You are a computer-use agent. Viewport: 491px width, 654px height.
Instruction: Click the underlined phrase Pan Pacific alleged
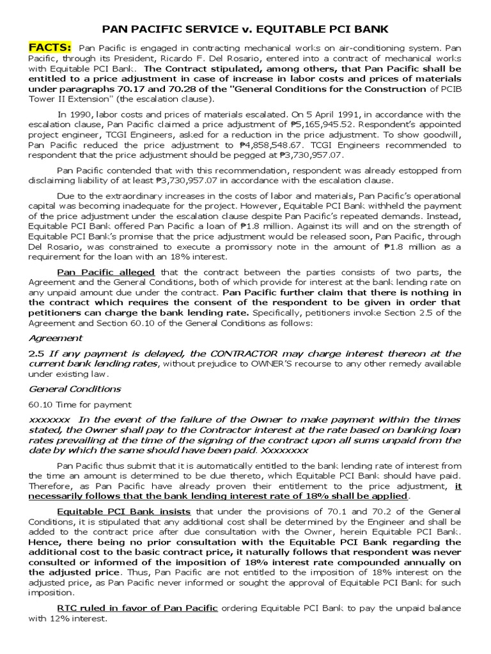pos(106,272)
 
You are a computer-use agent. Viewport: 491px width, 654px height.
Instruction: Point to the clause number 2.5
pos(38,353)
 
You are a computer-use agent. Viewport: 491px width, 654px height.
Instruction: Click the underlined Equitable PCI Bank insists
pos(125,511)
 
